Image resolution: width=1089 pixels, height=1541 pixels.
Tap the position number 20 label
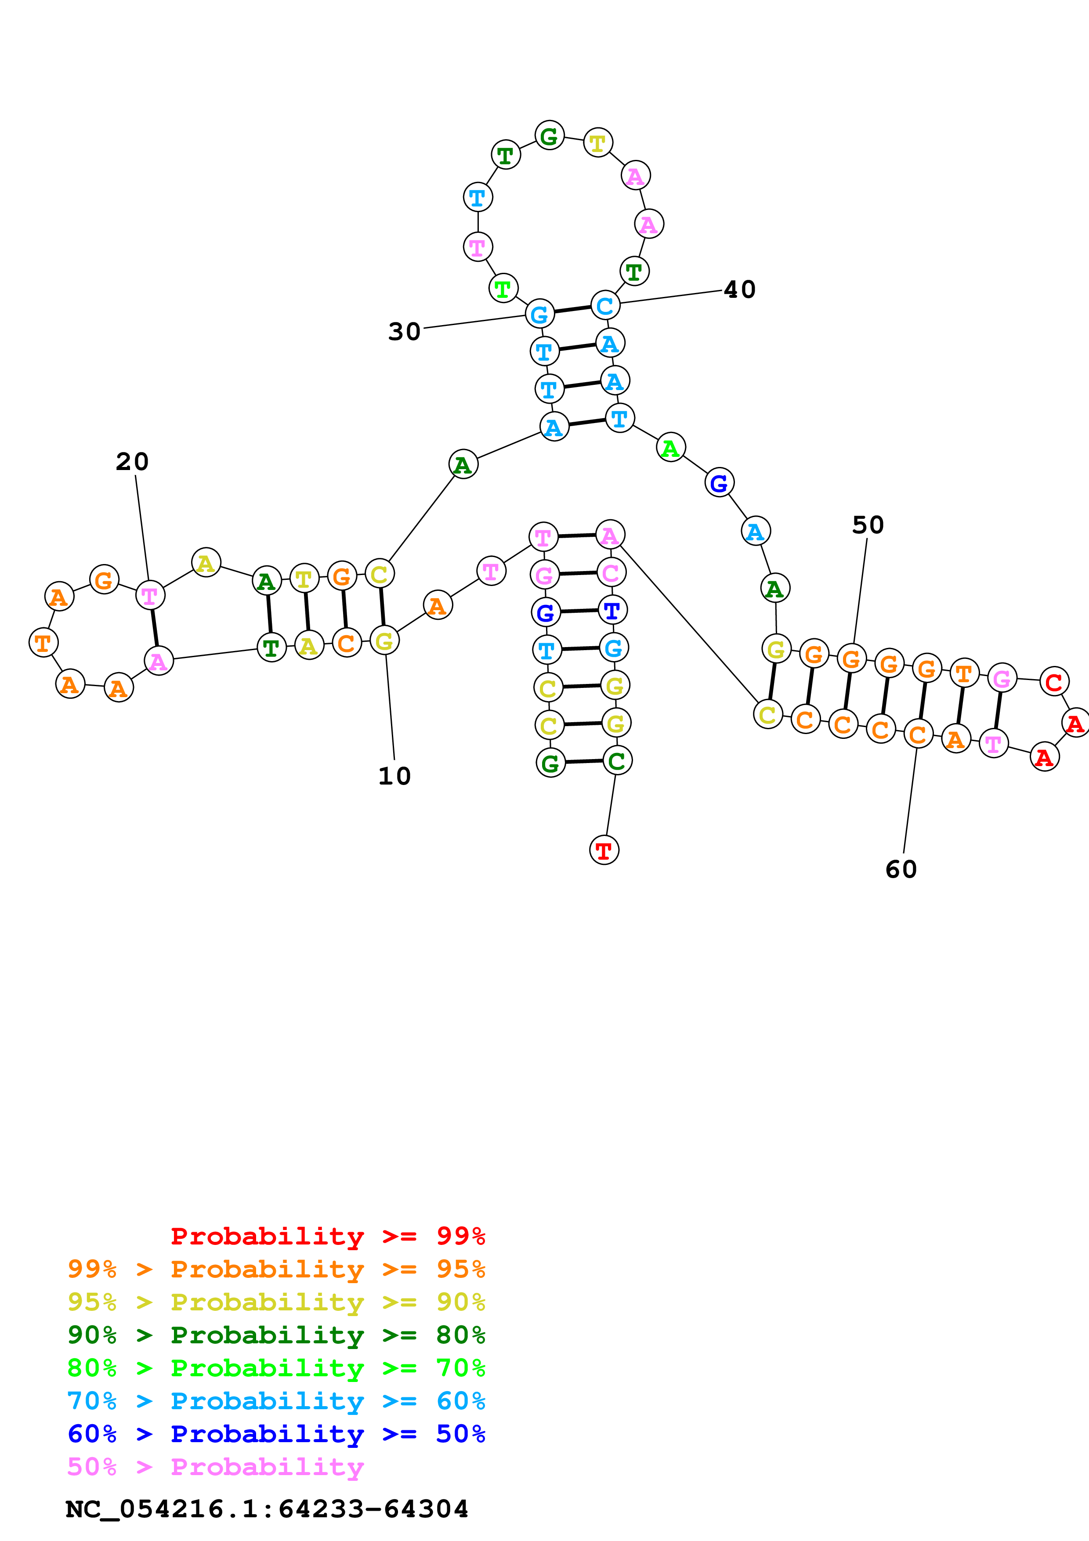[x=132, y=462]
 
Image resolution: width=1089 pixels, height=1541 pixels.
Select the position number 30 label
[x=404, y=332]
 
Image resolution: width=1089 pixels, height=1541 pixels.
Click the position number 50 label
[x=868, y=525]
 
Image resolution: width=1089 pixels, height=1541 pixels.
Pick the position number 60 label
[x=901, y=870]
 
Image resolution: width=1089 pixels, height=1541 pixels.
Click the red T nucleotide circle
[x=604, y=850]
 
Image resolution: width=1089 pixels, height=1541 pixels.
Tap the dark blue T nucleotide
[x=612, y=610]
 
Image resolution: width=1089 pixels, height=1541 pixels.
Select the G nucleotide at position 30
[x=539, y=314]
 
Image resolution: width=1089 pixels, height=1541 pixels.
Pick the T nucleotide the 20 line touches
[x=150, y=595]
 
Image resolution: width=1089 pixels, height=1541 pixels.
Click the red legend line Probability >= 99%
[x=327, y=1236]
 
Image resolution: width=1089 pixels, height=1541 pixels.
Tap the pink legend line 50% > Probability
[x=215, y=1466]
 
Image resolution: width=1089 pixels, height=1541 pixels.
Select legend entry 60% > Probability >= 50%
[x=276, y=1434]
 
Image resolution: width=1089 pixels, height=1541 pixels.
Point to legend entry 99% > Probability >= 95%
[x=276, y=1269]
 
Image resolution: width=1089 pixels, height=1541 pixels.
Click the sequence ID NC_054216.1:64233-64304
[x=266, y=1509]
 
